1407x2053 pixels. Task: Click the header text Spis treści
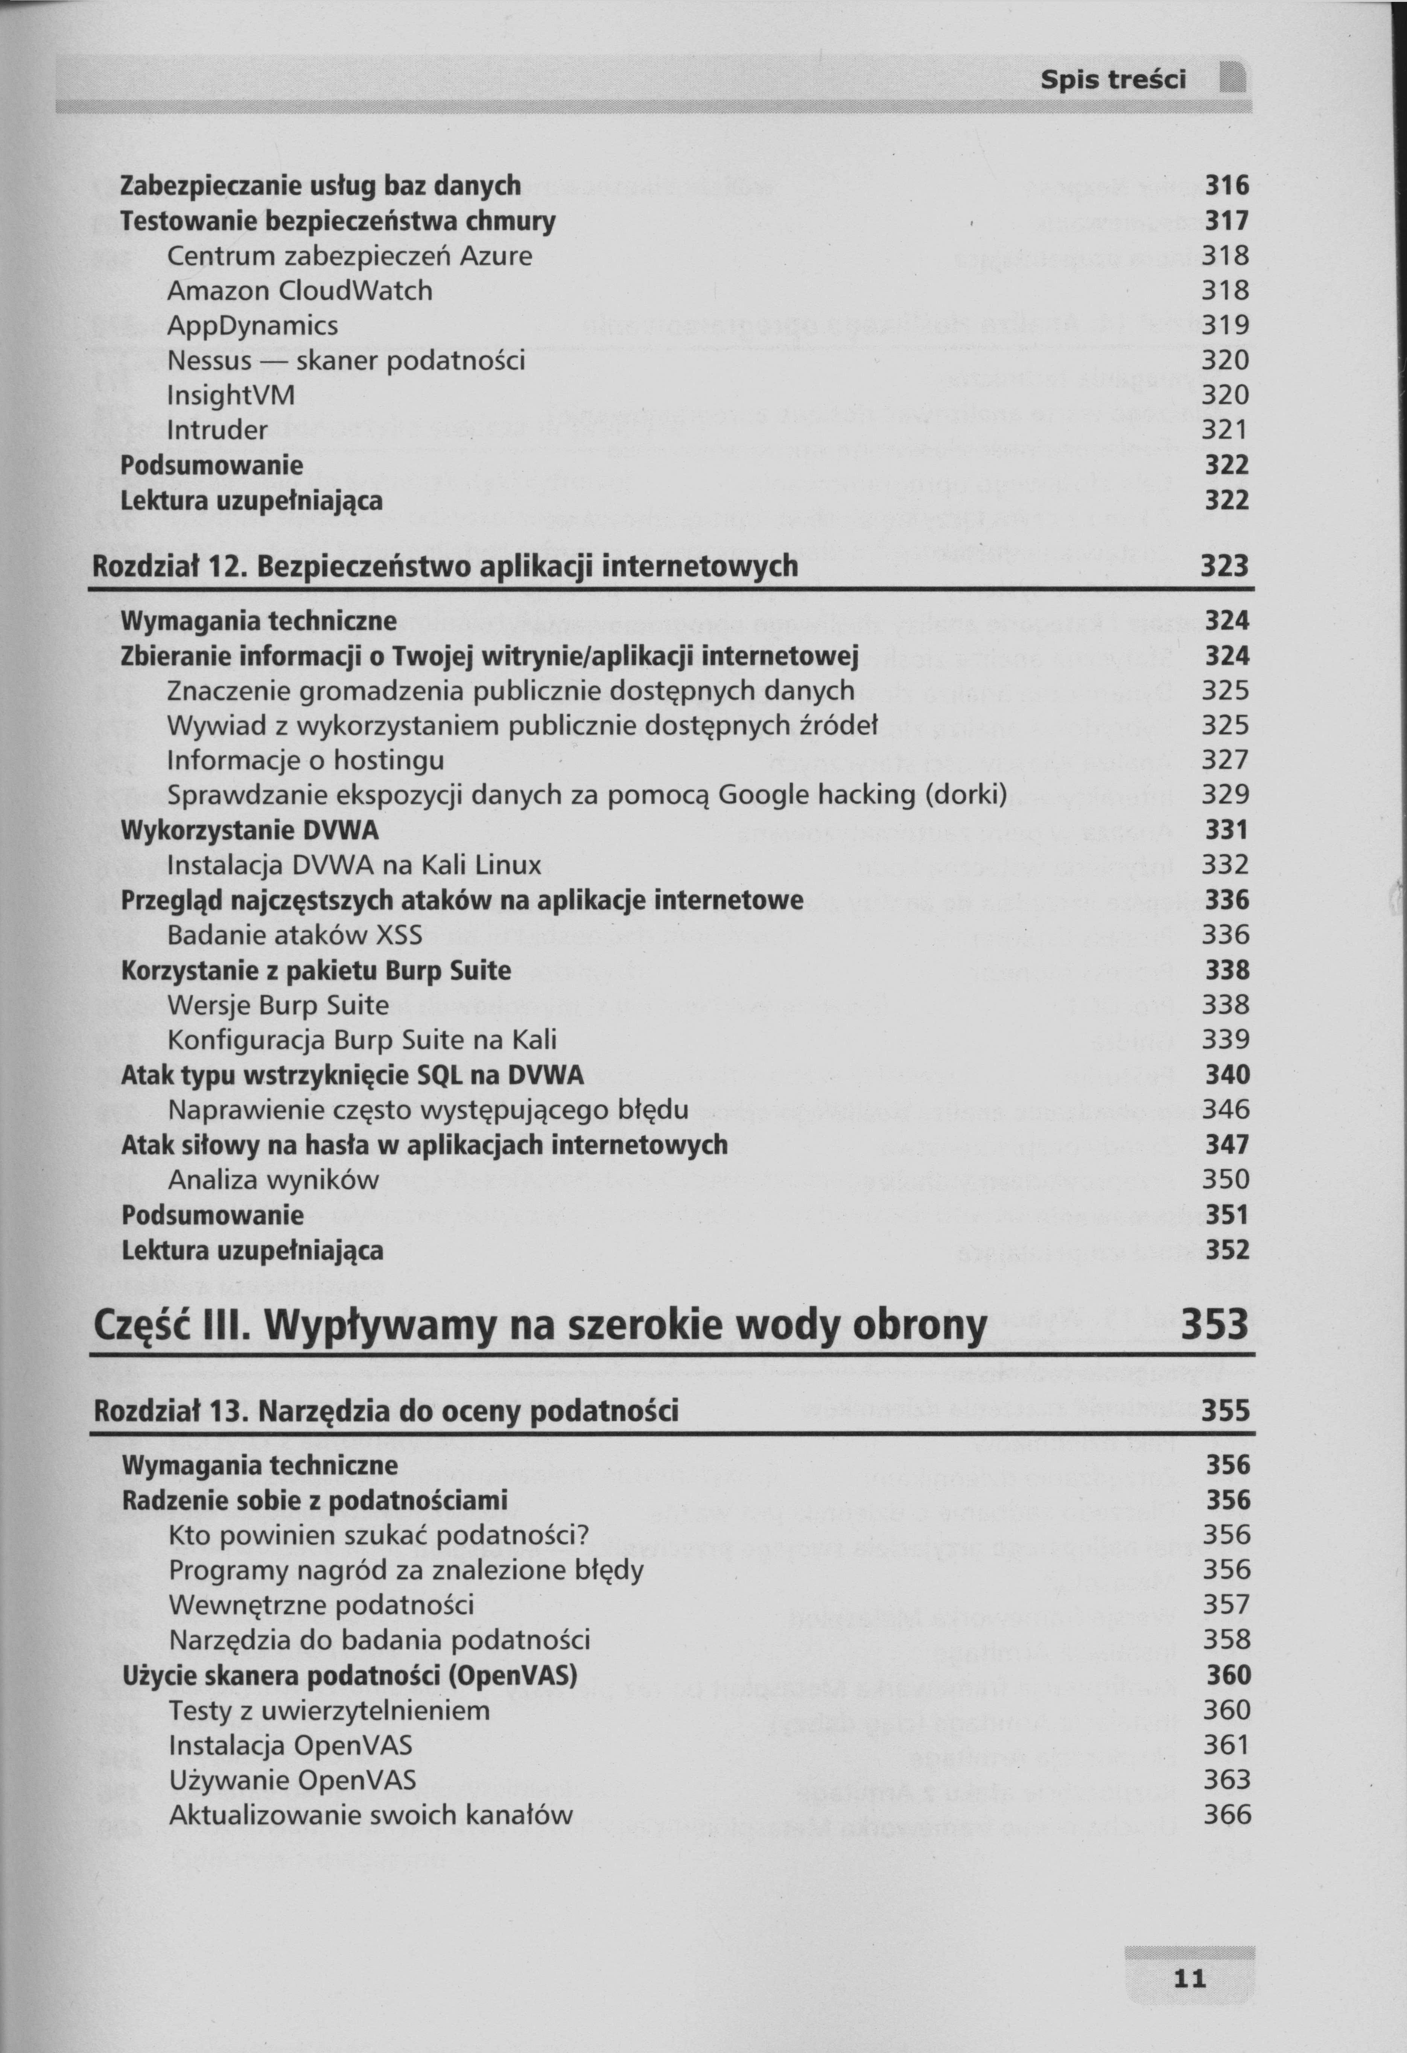tap(1113, 81)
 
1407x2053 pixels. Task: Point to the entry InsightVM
tap(231, 395)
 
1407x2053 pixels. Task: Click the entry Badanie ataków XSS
tap(295, 935)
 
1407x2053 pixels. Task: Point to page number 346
tap(1225, 1110)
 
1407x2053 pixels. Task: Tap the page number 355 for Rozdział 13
tap(1225, 1410)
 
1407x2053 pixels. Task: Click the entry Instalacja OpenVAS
tap(290, 1746)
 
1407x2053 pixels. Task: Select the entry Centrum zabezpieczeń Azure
tap(350, 256)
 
